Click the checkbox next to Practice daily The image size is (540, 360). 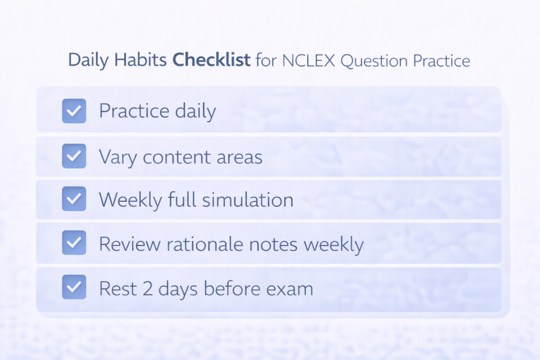tap(74, 111)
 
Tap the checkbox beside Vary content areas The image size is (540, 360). tap(74, 156)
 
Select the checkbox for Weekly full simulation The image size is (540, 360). tap(74, 199)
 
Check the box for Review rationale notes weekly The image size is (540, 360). tap(74, 243)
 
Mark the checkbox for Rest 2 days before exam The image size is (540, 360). tap(74, 287)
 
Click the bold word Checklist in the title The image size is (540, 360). tap(211, 60)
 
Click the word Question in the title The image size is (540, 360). tap(374, 60)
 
